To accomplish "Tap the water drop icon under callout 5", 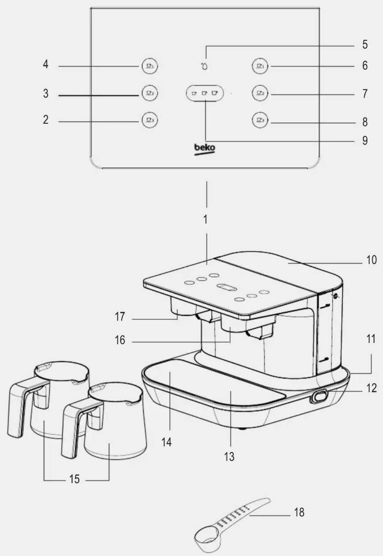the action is pos(204,66).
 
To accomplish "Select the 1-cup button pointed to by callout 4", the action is pos(150,66).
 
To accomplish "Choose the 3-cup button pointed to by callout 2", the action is pos(150,120).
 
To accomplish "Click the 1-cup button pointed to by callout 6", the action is pos(260,66).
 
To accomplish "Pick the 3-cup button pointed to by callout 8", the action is pos(260,120).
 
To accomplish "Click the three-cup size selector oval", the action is pos(205,93).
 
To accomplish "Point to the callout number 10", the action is pos(371,260).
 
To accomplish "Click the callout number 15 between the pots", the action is pos(74,479).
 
